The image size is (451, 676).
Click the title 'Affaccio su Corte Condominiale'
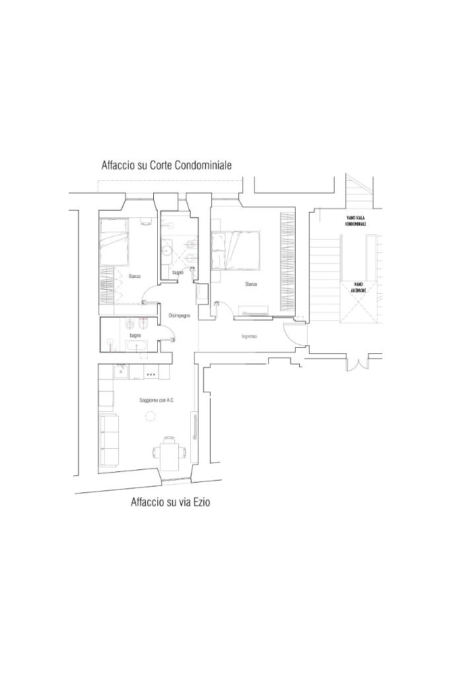tap(166, 165)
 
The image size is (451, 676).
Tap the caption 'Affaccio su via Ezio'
tap(170, 502)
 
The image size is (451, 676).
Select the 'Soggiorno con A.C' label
tap(156, 401)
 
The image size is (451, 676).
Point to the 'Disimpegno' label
tap(179, 316)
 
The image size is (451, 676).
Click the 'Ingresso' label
tap(249, 336)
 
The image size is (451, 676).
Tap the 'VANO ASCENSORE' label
tap(358, 287)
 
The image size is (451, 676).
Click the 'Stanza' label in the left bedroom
tap(134, 276)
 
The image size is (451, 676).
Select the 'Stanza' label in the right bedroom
tap(251, 285)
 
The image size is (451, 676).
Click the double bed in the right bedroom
tap(236, 250)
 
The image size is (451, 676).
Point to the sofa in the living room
tap(109, 439)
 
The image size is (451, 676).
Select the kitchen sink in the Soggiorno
tap(120, 372)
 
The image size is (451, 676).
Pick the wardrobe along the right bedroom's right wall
tap(286, 263)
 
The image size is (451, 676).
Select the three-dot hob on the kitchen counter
tap(151, 374)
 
